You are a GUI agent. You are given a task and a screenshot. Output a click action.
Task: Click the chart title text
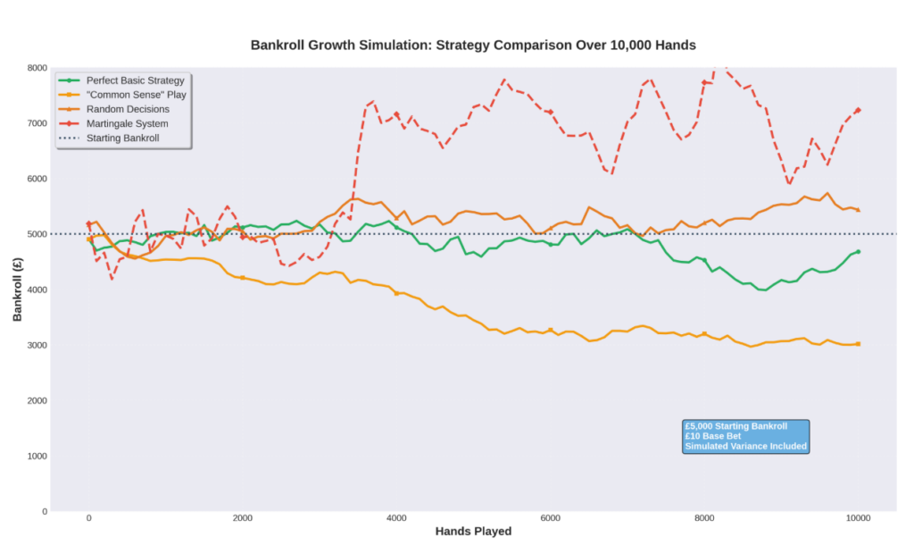[x=472, y=45]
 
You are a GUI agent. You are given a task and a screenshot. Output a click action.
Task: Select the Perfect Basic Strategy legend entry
[x=135, y=80]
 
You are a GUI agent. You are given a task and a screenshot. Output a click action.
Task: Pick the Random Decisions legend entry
[x=128, y=109]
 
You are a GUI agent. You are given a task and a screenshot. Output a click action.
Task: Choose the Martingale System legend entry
[x=127, y=123]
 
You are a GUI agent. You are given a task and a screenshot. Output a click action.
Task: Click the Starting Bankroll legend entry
[x=124, y=138]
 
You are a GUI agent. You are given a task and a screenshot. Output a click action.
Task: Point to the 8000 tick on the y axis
[x=37, y=68]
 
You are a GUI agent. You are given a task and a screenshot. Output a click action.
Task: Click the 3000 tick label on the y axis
[x=37, y=345]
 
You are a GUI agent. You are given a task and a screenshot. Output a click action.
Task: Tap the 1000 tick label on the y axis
[x=37, y=456]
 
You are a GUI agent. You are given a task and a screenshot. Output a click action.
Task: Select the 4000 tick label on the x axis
[x=396, y=518]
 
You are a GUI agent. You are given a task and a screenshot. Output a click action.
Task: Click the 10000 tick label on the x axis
[x=859, y=518]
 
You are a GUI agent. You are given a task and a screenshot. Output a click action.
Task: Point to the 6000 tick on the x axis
[x=551, y=518]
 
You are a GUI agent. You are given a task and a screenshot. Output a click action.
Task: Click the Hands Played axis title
[x=473, y=532]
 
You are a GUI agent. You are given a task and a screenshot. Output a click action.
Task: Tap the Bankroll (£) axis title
[x=17, y=289]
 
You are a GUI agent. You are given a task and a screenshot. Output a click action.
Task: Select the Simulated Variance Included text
[x=745, y=447]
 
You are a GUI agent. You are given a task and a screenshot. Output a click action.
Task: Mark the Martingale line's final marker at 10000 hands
[x=859, y=111]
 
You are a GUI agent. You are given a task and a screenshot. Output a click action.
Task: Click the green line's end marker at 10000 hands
[x=859, y=252]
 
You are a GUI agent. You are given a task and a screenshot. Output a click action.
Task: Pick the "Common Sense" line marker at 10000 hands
[x=859, y=344]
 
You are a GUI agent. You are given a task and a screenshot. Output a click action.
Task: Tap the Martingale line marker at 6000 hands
[x=551, y=112]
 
